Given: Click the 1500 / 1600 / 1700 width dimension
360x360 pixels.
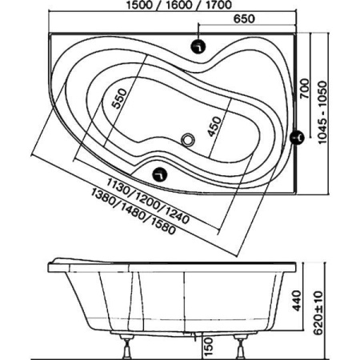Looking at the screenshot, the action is pos(178,5).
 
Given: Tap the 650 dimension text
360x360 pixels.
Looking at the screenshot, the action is pos(244,18).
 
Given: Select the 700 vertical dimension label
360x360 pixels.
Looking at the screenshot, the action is pos(305,89).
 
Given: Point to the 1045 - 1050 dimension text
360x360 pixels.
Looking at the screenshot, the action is pos(322,112).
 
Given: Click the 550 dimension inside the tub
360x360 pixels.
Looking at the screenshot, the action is pos(119,98).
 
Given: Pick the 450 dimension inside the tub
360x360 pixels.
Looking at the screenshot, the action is pos(215,126).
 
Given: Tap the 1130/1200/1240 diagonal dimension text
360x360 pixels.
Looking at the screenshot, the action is pos(148,201).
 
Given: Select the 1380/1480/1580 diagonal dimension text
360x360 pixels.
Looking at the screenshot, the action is pos(134,211).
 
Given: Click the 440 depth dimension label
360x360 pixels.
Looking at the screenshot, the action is pos(297,301).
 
